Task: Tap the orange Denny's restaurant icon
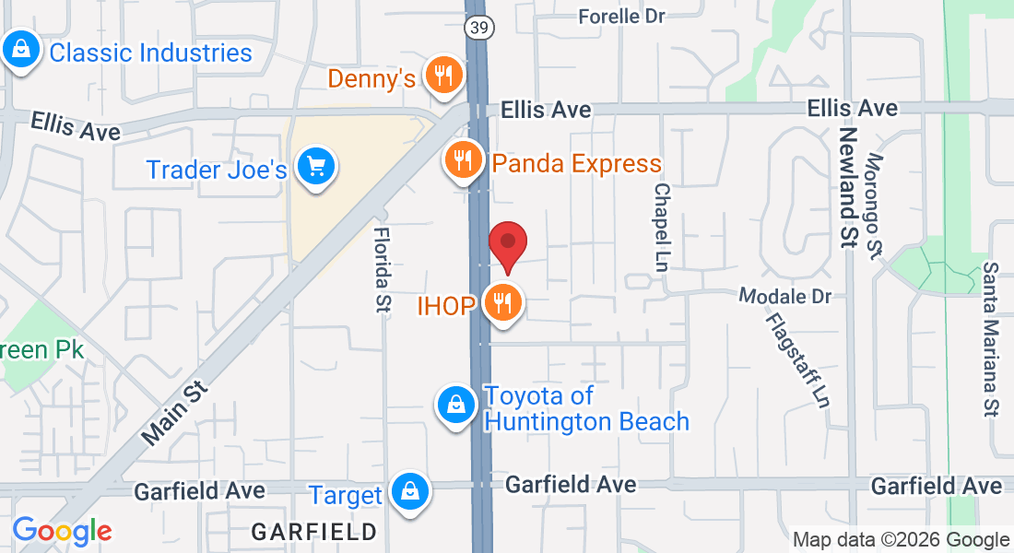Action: click(x=444, y=76)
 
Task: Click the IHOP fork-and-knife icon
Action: click(x=502, y=302)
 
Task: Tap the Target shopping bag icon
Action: click(x=408, y=491)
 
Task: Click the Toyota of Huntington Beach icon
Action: click(x=455, y=404)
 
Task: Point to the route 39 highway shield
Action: click(x=478, y=28)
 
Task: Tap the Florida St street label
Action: click(x=382, y=270)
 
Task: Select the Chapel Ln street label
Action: click(x=661, y=226)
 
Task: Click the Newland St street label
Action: click(x=848, y=185)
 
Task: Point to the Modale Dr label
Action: click(x=785, y=296)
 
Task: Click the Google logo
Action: click(x=62, y=531)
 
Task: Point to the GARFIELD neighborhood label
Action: click(x=314, y=532)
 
